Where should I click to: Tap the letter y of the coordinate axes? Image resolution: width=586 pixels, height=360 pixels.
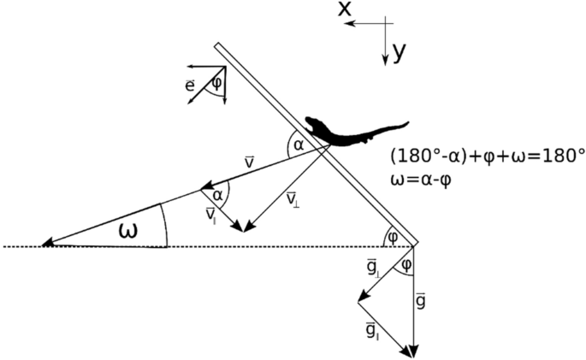[399, 52]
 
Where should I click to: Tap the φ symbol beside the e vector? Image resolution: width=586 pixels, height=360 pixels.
[216, 82]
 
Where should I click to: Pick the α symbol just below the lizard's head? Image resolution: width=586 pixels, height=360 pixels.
[298, 145]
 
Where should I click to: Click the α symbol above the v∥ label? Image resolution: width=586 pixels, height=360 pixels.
[217, 195]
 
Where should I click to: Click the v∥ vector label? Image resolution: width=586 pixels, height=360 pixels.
[210, 214]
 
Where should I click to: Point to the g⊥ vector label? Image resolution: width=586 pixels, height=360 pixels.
[370, 274]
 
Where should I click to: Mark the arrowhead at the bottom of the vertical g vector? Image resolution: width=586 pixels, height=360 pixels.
[414, 351]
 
